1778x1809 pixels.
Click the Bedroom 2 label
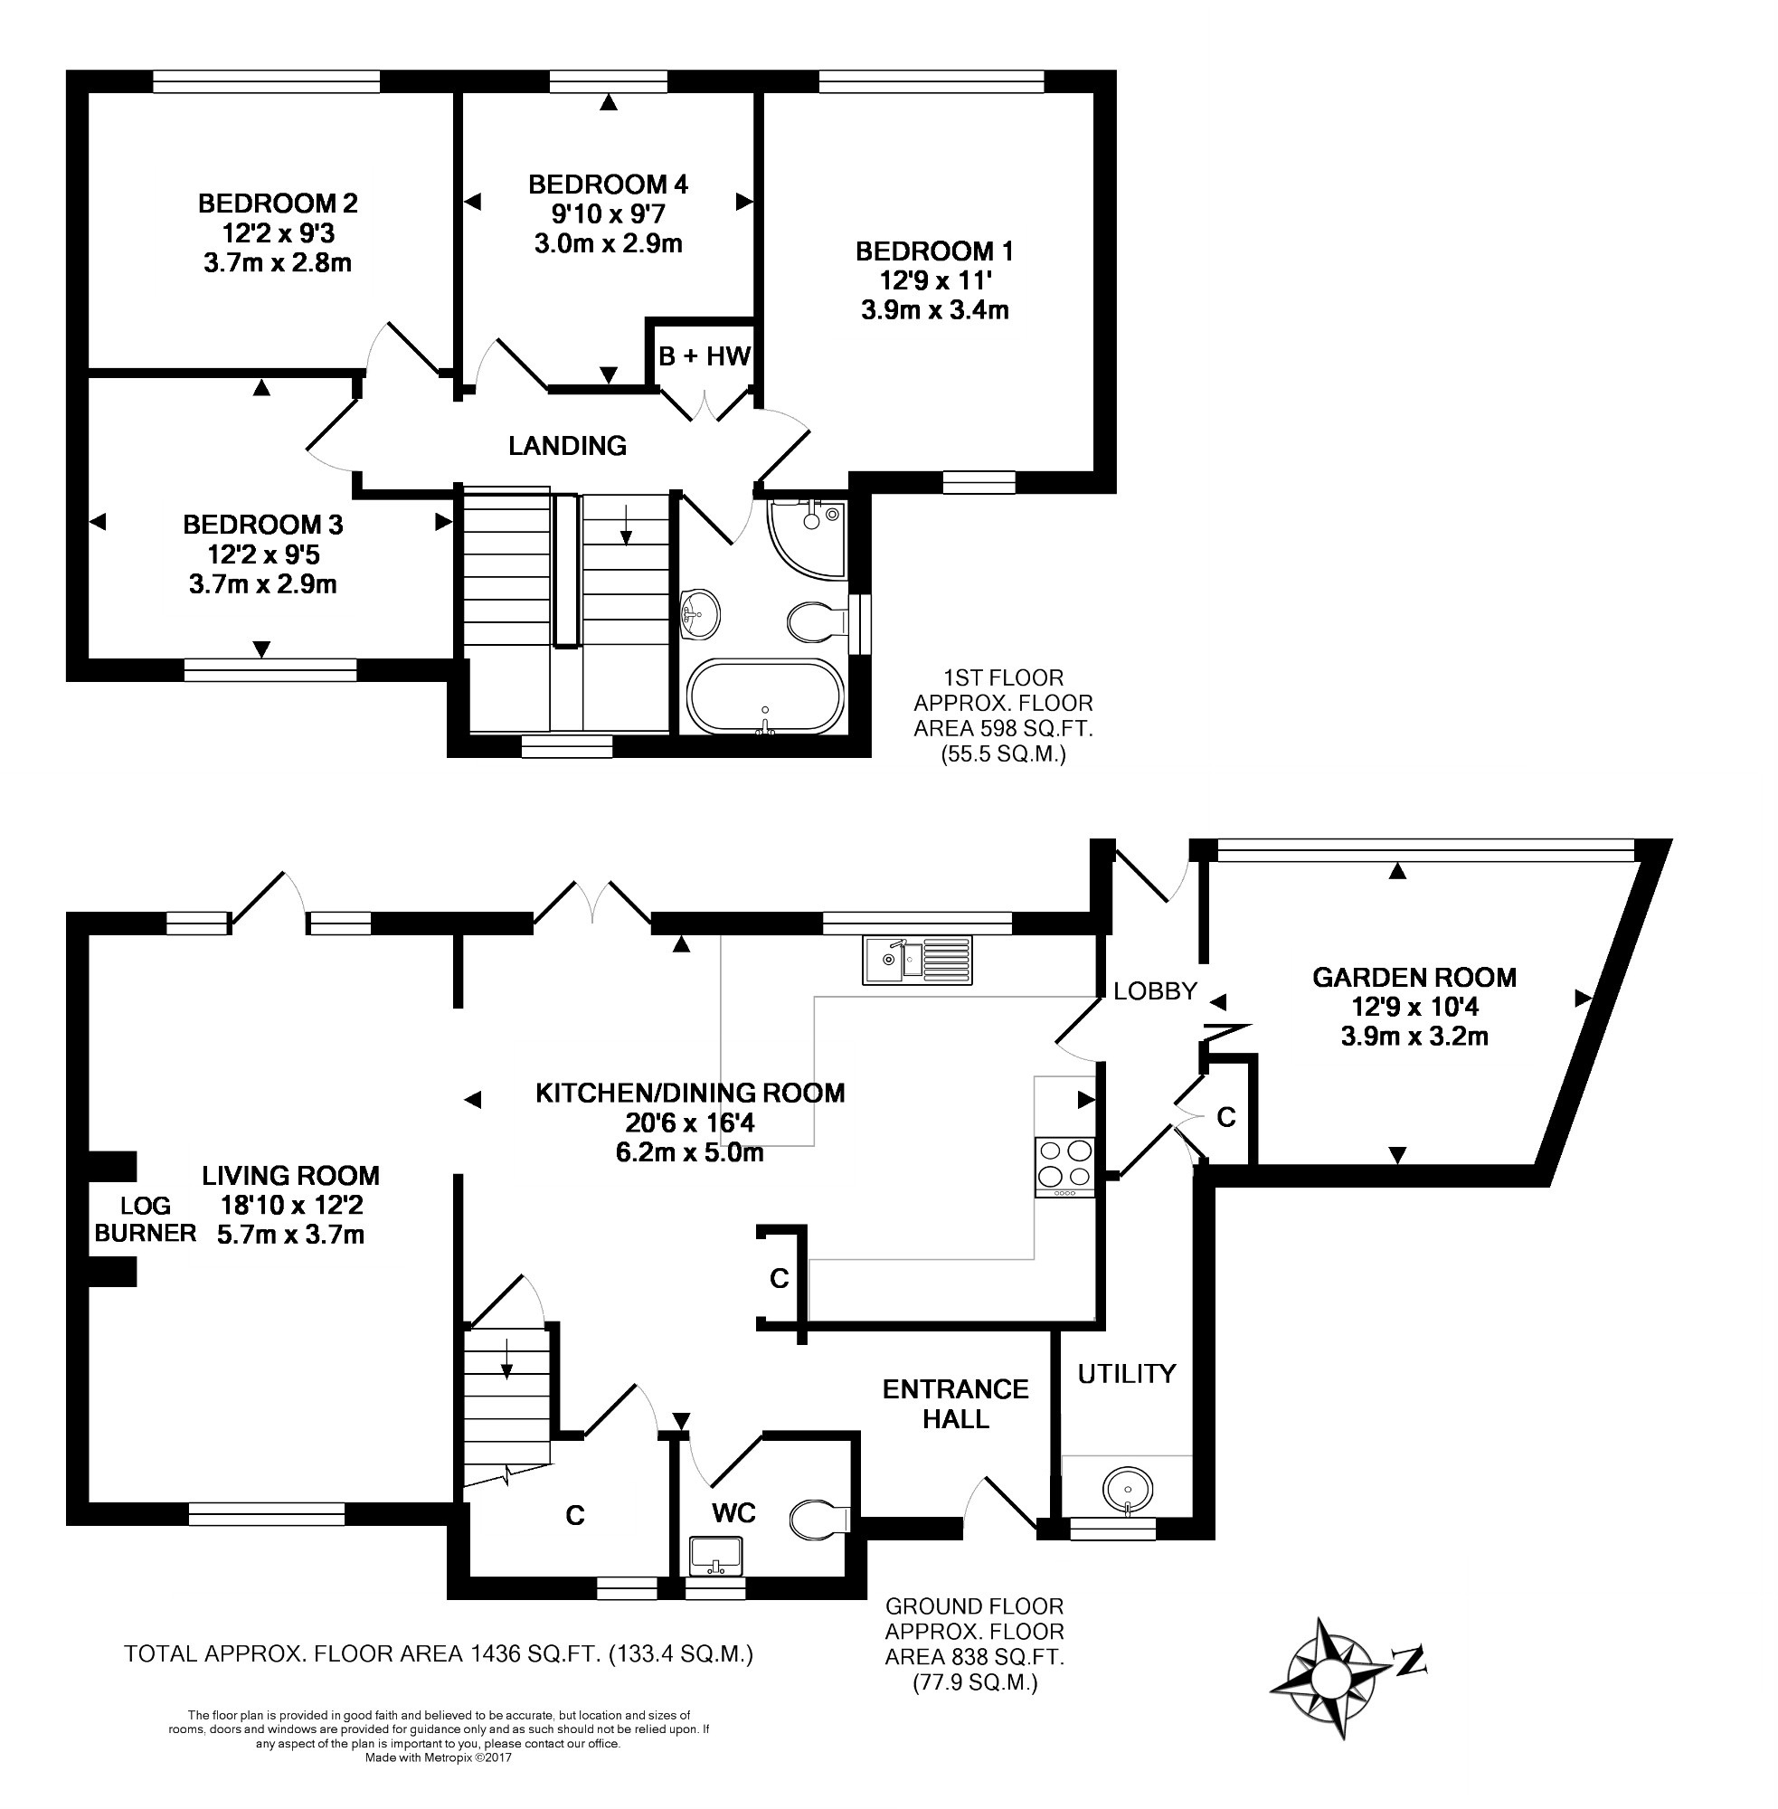pyautogui.click(x=278, y=203)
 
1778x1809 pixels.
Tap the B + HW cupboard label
pyautogui.click(x=705, y=355)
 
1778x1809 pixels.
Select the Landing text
pyautogui.click(x=567, y=446)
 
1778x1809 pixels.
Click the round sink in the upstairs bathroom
pyautogui.click(x=700, y=614)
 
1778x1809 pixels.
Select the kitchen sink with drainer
pyautogui.click(x=917, y=959)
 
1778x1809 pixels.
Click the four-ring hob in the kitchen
pyautogui.click(x=1064, y=1167)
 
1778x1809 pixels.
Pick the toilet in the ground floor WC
pyautogui.click(x=819, y=1520)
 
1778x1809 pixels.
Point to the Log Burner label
pyautogui.click(x=146, y=1219)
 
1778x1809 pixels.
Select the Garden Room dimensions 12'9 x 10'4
pyautogui.click(x=1414, y=1007)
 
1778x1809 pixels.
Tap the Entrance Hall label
pyautogui.click(x=955, y=1404)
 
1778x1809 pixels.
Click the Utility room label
pyautogui.click(x=1126, y=1373)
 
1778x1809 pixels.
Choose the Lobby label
pyautogui.click(x=1155, y=991)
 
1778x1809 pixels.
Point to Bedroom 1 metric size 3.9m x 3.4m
pyautogui.click(x=935, y=310)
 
